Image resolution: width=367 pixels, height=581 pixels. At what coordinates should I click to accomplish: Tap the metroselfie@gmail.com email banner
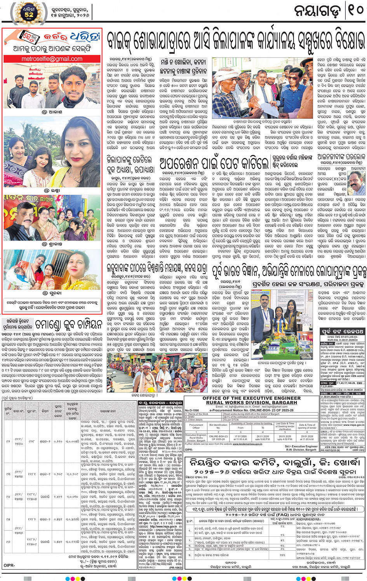[x=52, y=59]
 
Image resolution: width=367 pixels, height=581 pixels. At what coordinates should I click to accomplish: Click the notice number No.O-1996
[x=191, y=410]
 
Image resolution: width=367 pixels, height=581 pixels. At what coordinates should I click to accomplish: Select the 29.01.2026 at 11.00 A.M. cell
[x=307, y=437]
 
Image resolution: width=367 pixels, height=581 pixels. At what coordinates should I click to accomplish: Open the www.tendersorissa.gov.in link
[x=247, y=444]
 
